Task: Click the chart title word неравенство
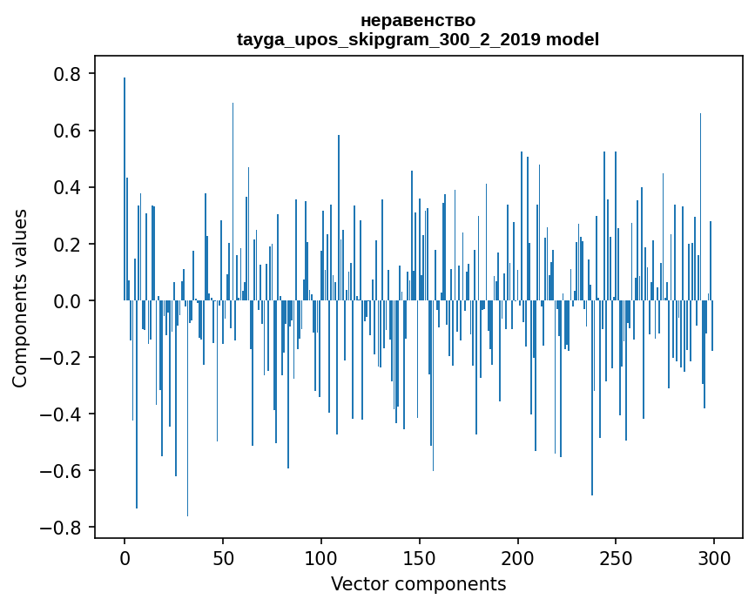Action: [418, 20]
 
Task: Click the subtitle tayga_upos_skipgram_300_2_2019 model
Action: [418, 39]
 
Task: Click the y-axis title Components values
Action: [20, 298]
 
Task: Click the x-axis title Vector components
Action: [418, 583]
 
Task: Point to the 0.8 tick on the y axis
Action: [70, 74]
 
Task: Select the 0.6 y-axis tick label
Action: [70, 131]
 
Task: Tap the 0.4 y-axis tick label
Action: [70, 187]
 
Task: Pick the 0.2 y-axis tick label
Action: [70, 244]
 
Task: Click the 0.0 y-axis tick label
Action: [70, 300]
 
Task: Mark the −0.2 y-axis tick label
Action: [63, 357]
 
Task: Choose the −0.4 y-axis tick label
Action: [63, 414]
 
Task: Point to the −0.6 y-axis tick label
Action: [63, 471]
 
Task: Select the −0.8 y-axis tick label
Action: [63, 528]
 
